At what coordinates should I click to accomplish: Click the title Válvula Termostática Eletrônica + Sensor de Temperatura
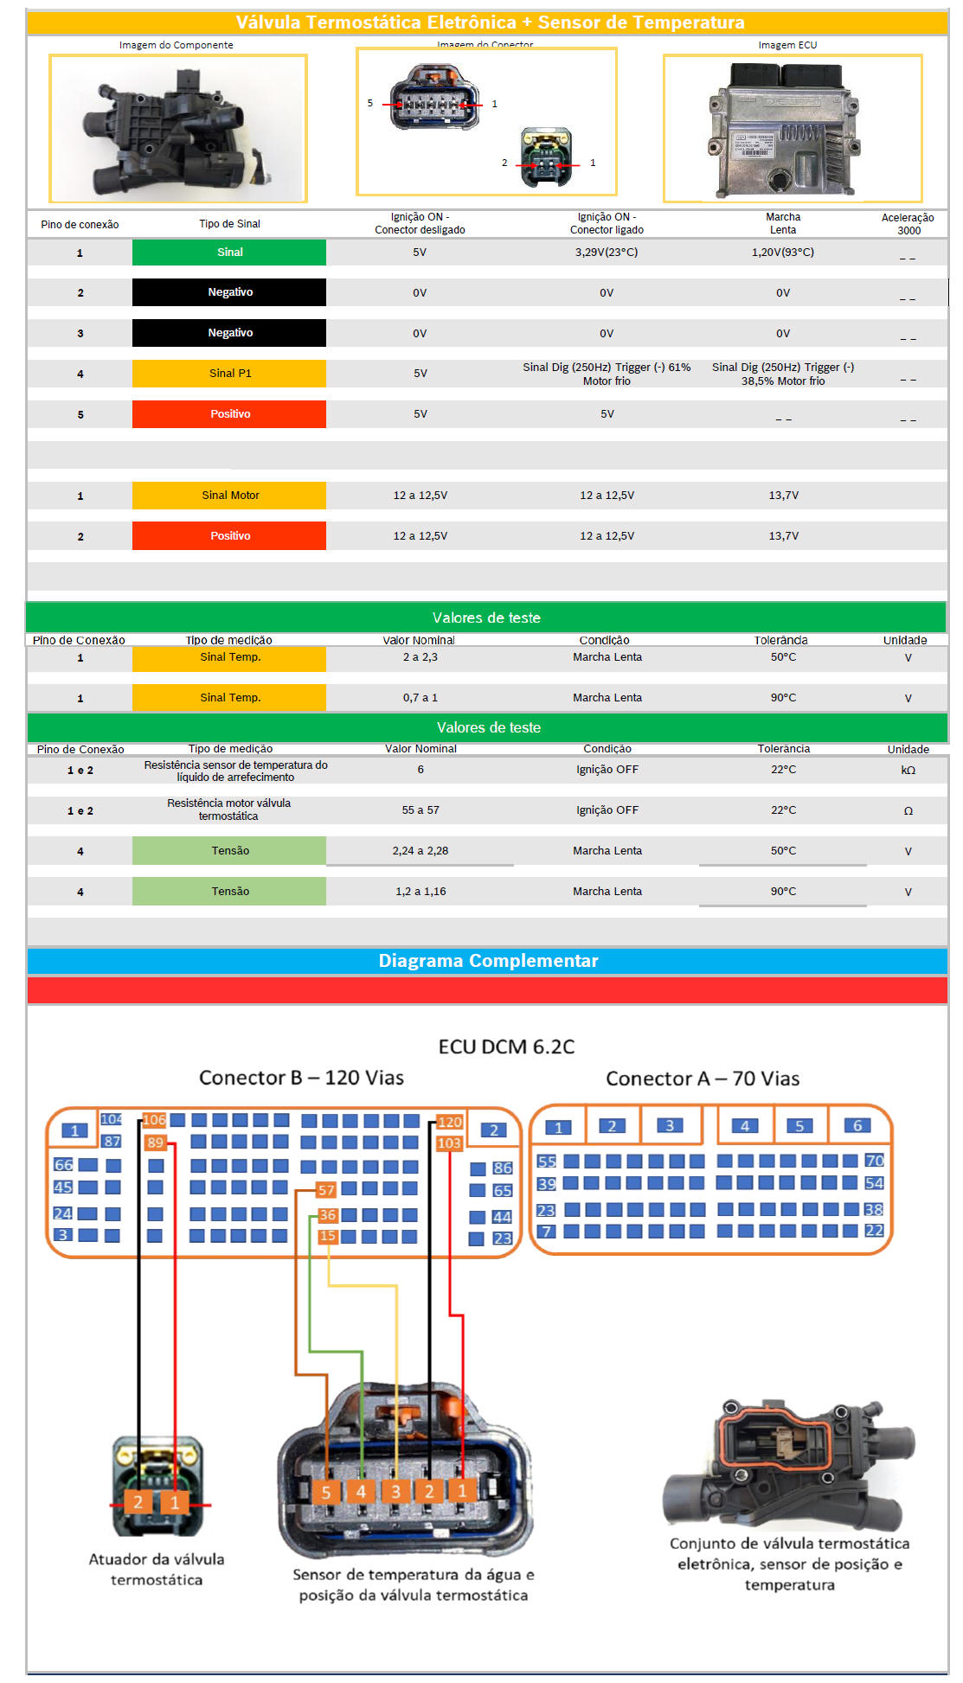(x=490, y=22)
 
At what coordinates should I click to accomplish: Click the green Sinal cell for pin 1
(x=229, y=253)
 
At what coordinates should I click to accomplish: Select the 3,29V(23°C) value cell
(x=607, y=253)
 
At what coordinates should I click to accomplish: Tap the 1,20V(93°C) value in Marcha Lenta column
(x=782, y=253)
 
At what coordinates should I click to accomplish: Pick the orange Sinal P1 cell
(x=229, y=374)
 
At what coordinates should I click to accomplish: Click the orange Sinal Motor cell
(x=229, y=496)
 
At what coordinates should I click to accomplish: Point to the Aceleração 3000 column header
(x=908, y=224)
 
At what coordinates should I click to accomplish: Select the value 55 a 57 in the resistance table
(x=421, y=810)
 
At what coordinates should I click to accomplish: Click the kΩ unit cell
(x=908, y=770)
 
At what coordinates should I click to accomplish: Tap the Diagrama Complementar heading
(x=488, y=961)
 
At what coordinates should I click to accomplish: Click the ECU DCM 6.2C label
(x=506, y=1046)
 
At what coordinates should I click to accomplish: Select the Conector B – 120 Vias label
(x=301, y=1078)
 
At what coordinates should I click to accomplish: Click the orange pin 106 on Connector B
(x=154, y=1120)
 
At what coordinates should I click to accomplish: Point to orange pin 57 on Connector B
(x=326, y=1190)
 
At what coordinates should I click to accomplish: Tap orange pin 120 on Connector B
(x=449, y=1122)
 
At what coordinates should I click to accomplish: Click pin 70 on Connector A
(x=874, y=1161)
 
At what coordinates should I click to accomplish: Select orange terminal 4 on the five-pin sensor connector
(x=361, y=1491)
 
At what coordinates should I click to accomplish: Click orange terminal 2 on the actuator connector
(x=138, y=1502)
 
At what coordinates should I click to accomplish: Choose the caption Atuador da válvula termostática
(x=157, y=1569)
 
